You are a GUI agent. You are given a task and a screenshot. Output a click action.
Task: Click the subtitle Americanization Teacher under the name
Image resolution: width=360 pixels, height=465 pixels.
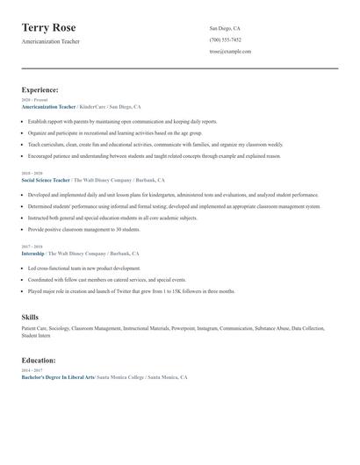tap(50, 41)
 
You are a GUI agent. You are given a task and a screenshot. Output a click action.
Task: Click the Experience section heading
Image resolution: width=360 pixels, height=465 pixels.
tap(40, 89)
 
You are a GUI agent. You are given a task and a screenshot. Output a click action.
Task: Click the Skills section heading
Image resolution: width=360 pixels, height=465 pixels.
tap(30, 316)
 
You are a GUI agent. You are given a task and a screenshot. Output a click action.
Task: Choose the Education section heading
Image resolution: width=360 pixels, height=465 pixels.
tap(39, 360)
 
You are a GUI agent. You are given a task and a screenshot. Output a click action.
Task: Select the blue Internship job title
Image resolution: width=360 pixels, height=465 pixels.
tap(33, 254)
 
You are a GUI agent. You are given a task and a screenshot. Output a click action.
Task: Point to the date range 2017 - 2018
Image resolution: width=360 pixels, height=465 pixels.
tap(32, 247)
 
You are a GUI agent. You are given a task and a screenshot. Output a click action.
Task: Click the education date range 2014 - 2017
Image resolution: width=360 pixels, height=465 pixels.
tap(32, 370)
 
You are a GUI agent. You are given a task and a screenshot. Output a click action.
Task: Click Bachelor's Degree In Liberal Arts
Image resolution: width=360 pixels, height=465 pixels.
tap(57, 376)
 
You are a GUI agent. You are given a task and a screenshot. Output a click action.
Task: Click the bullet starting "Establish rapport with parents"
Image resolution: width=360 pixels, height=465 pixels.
tap(122, 121)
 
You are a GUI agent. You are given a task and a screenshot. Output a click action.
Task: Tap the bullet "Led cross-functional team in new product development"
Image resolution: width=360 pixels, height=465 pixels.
tap(83, 268)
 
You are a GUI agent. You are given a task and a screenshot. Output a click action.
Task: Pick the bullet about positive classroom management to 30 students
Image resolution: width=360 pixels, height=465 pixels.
tap(83, 228)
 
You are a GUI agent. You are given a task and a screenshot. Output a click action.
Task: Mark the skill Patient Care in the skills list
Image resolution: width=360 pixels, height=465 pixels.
tap(34, 328)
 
